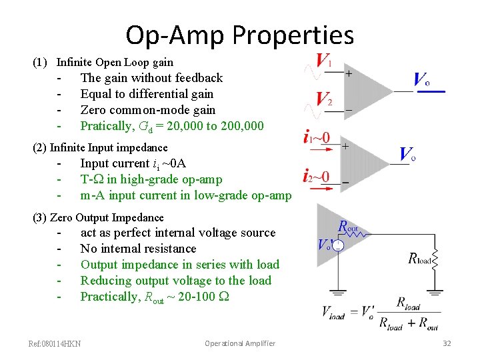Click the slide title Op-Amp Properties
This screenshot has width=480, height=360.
(239, 35)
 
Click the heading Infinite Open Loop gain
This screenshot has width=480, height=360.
(115, 63)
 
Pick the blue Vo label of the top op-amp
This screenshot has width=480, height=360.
(421, 81)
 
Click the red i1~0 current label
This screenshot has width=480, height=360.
(315, 139)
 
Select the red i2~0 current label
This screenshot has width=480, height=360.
(315, 177)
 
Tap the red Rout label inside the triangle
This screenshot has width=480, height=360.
(348, 227)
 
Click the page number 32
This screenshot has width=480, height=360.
(447, 343)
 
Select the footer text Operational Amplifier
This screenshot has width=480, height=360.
(239, 343)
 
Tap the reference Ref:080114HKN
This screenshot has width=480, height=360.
(55, 344)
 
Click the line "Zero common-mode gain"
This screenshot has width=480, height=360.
(147, 110)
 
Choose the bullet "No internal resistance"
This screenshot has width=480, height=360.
(138, 249)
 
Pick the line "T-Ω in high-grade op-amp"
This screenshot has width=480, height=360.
(151, 179)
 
